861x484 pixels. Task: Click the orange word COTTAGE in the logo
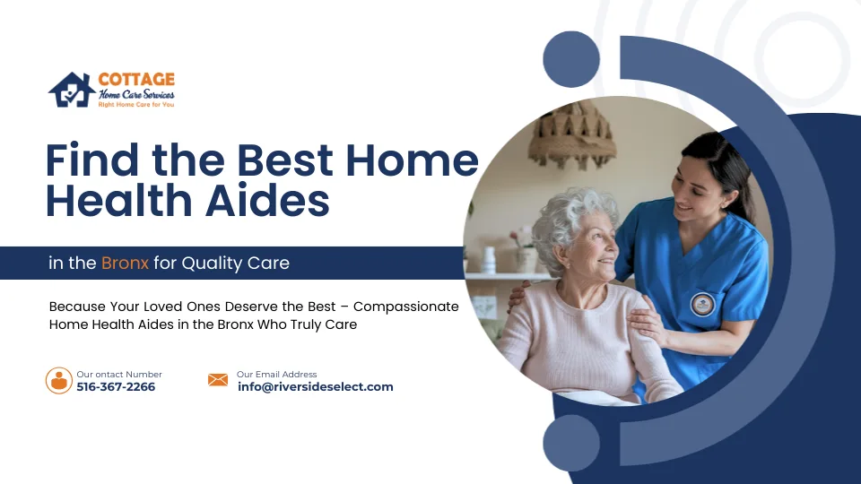(136, 80)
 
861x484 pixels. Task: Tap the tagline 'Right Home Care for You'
(135, 105)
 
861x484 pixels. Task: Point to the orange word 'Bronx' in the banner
(125, 264)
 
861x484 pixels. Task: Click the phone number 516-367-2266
(116, 387)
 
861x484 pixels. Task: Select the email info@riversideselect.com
(316, 387)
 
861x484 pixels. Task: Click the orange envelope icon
(218, 380)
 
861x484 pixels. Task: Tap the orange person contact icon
(59, 380)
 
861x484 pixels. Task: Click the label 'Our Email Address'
(277, 374)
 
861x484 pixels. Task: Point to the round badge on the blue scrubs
(702, 304)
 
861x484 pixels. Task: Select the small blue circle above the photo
(571, 59)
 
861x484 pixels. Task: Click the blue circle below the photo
(571, 443)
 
